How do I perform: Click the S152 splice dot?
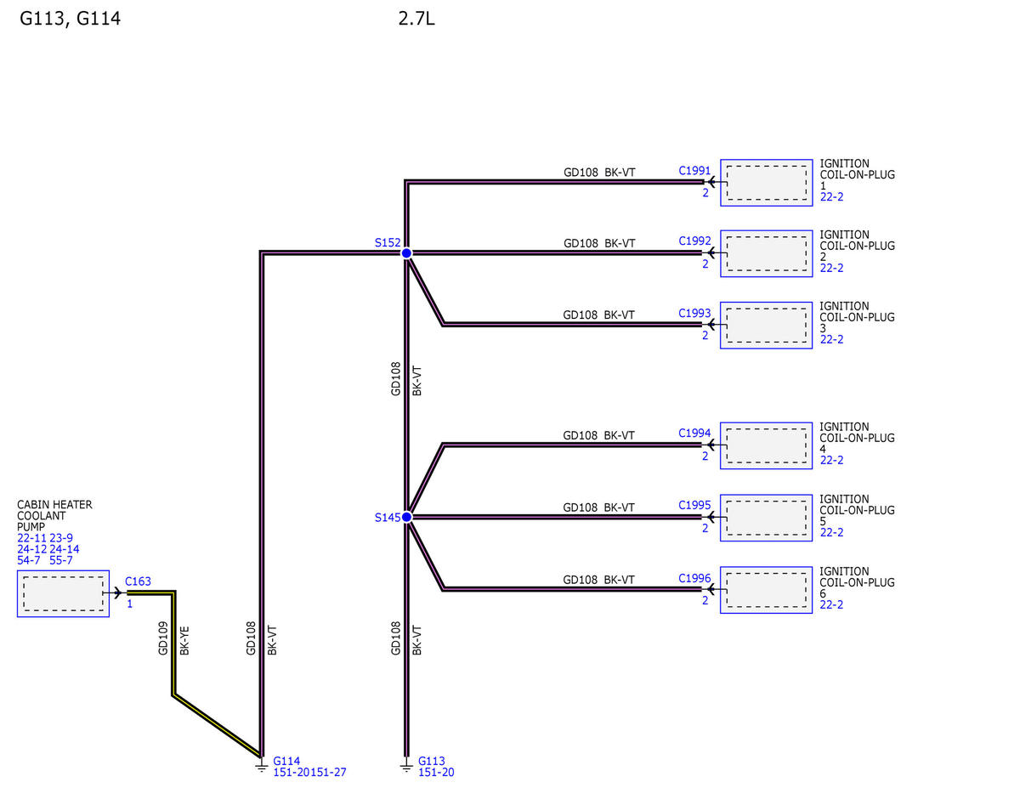coord(406,253)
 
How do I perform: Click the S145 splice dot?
coord(406,517)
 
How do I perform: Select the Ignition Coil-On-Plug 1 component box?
coord(766,183)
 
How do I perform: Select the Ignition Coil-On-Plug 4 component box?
coord(766,445)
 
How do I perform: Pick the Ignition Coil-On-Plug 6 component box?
coord(766,590)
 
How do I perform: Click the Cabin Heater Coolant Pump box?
coord(64,593)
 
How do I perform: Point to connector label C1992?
coord(694,241)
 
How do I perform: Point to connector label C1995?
coord(694,506)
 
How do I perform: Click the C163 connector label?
coord(138,581)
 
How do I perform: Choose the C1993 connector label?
coord(694,313)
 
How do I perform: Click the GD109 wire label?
coord(163,638)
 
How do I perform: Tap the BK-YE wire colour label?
coord(184,640)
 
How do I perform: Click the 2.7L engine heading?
coord(416,19)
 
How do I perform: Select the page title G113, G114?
coord(70,19)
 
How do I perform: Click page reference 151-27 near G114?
coord(328,772)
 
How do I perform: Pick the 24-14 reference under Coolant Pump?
coord(65,549)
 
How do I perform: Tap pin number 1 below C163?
coord(130,604)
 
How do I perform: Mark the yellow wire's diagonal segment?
coord(218,726)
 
